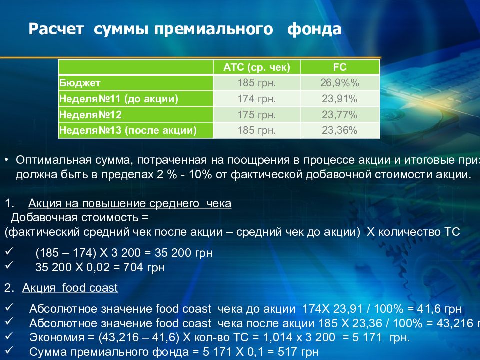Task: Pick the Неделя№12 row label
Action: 91,115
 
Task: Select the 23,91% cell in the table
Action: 340,99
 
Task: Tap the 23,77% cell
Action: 340,115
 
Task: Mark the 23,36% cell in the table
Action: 340,131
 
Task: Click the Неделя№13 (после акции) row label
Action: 128,131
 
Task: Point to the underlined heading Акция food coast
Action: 70,288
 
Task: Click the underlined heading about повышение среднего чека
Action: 130,204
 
